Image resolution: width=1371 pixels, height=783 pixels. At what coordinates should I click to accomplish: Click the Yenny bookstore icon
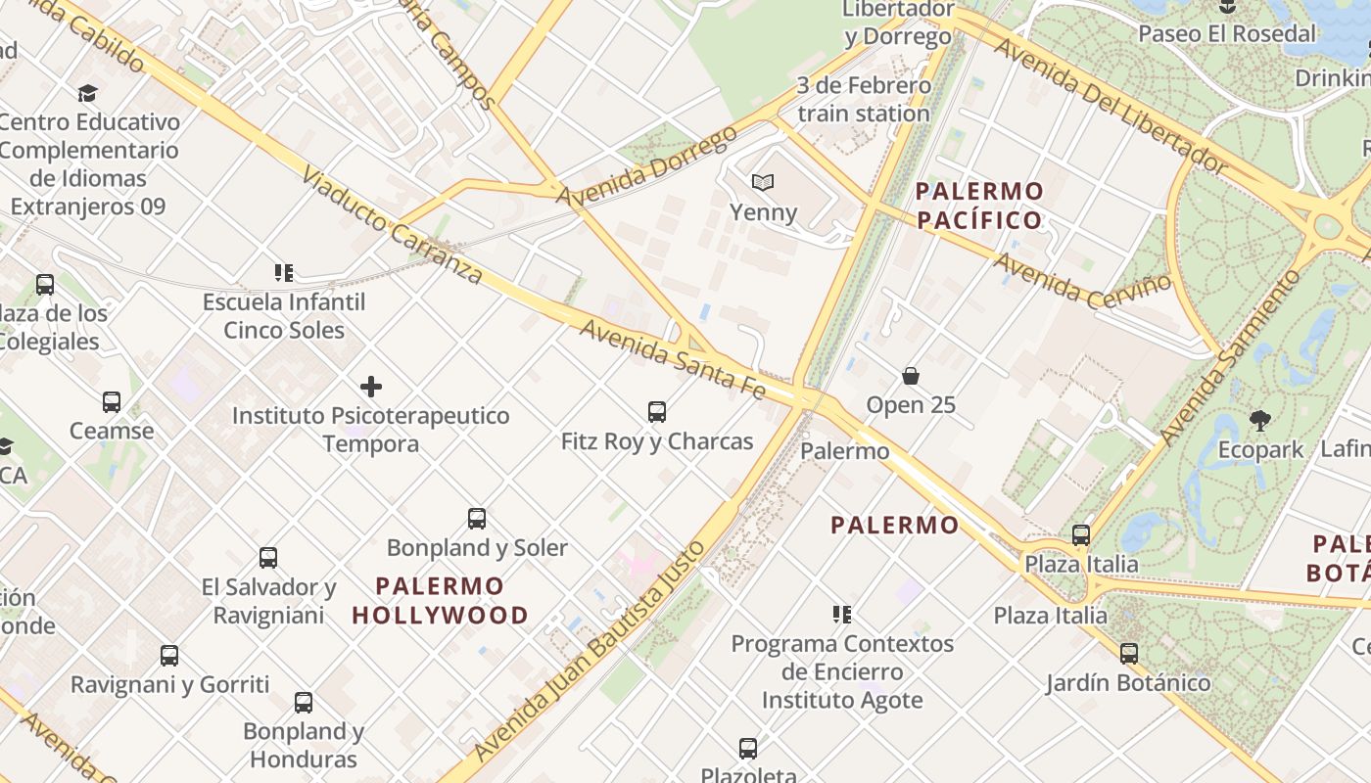(762, 182)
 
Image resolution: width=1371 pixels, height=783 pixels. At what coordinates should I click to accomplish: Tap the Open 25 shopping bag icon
(911, 376)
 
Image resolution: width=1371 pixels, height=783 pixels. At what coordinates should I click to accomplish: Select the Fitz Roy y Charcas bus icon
(657, 412)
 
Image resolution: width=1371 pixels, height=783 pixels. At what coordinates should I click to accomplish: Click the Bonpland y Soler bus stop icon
(477, 519)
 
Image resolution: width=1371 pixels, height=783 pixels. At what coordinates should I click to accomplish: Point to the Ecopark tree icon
(1260, 421)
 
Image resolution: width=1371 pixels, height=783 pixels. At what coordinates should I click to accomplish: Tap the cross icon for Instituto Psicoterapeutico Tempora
(371, 387)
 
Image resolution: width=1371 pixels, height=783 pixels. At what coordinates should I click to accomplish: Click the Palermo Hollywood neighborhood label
(440, 601)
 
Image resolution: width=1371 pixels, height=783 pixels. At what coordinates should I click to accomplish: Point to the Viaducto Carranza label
(392, 224)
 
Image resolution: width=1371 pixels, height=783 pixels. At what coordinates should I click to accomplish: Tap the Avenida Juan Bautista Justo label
(588, 650)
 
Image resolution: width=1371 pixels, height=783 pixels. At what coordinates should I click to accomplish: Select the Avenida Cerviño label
(1081, 279)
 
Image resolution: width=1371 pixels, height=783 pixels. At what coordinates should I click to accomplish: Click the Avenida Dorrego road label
(646, 166)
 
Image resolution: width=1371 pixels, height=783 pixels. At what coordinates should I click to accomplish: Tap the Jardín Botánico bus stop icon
(1129, 653)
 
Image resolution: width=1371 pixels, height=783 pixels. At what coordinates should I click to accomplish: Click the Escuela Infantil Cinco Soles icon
(284, 273)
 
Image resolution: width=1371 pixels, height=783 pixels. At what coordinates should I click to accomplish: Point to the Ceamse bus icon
(112, 402)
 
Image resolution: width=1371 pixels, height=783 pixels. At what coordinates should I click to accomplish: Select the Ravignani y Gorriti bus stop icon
(169, 656)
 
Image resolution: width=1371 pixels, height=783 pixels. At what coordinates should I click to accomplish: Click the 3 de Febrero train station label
(863, 99)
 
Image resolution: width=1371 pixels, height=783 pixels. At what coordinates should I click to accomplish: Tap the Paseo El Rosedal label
(1227, 33)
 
